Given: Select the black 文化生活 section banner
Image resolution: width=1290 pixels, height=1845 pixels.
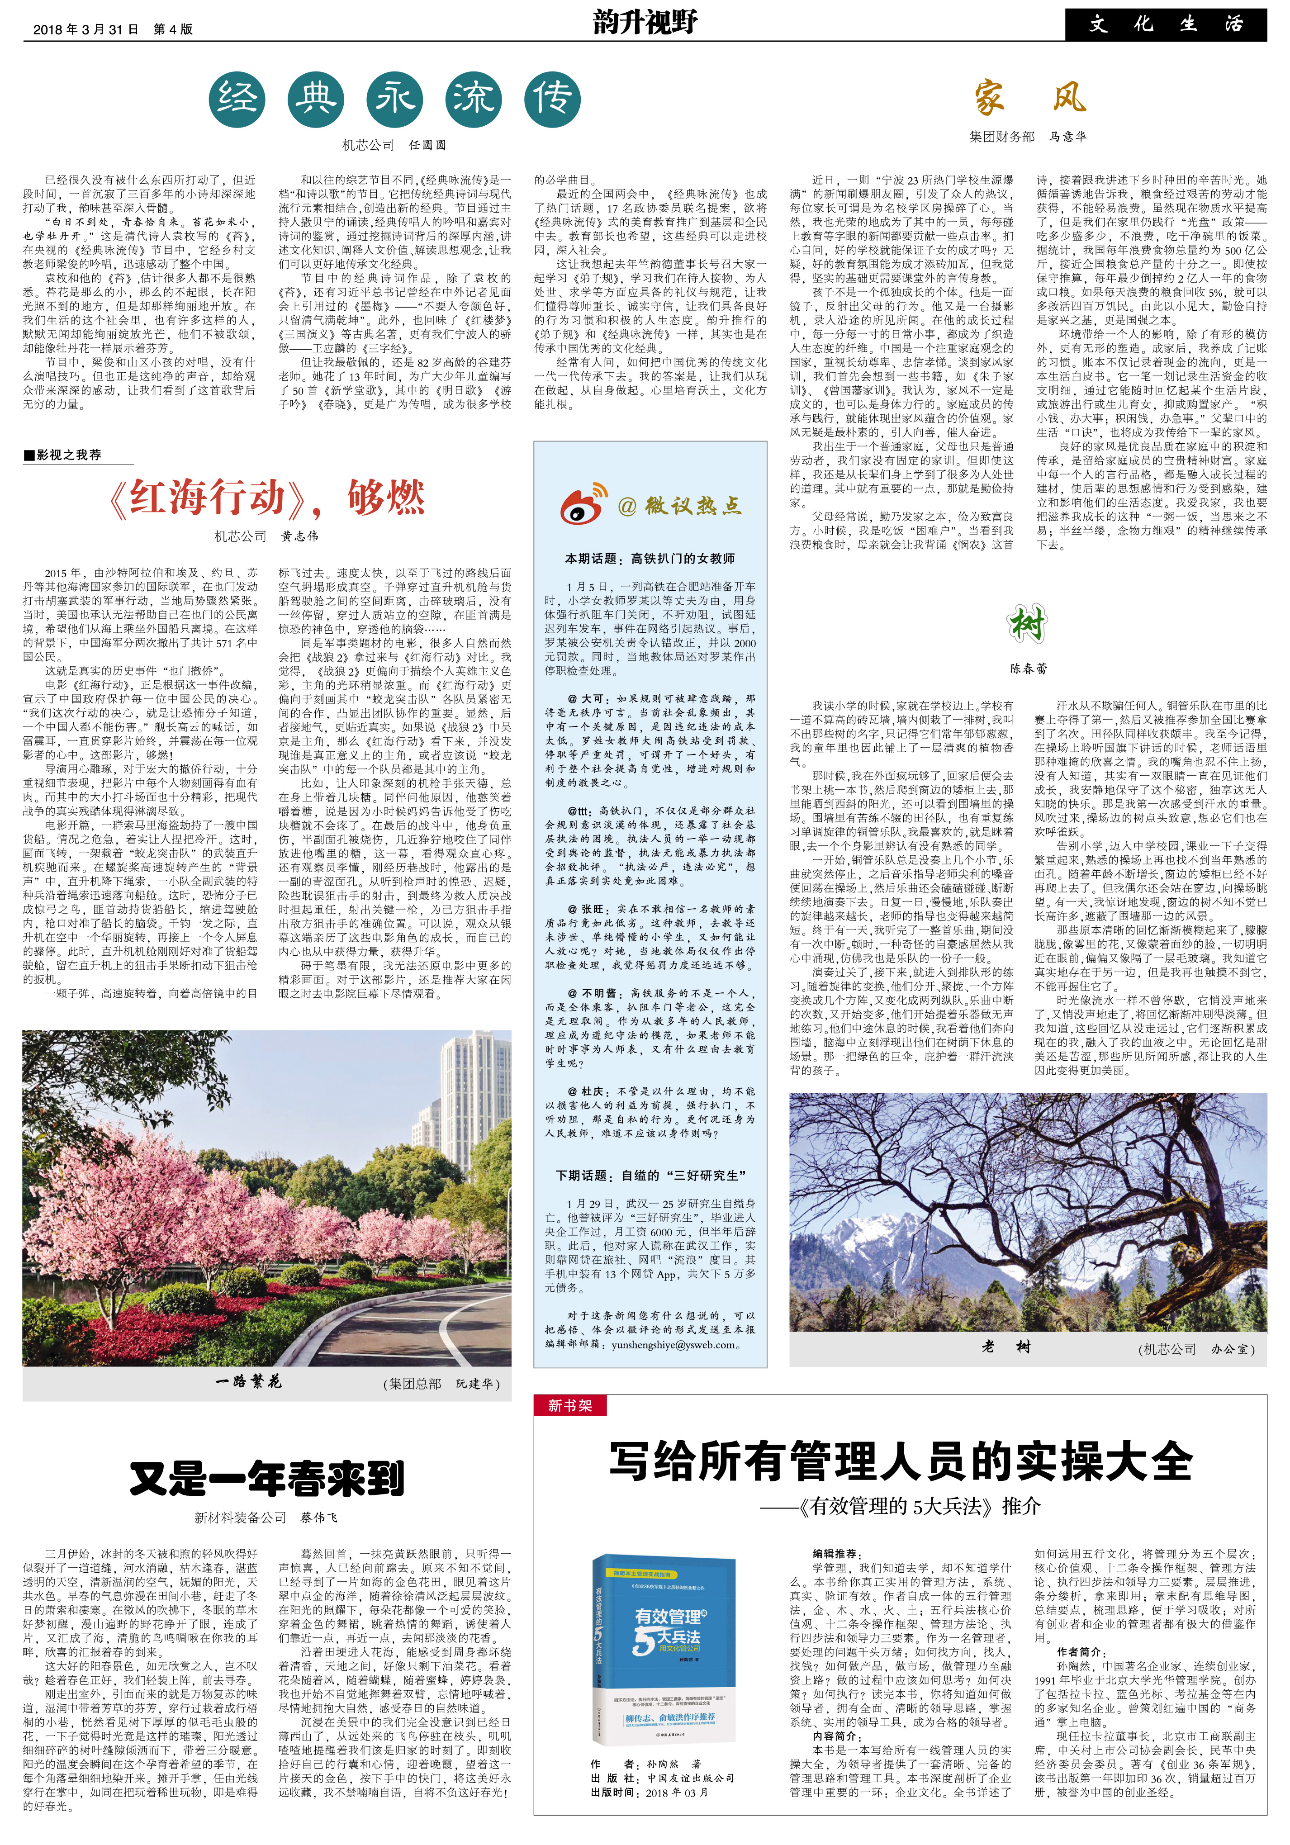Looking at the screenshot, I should click(x=1166, y=25).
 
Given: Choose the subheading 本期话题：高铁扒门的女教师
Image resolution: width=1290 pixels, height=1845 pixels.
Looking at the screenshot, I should click(x=650, y=559).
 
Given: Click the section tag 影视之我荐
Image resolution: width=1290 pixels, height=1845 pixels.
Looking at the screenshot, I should click(x=67, y=455).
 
